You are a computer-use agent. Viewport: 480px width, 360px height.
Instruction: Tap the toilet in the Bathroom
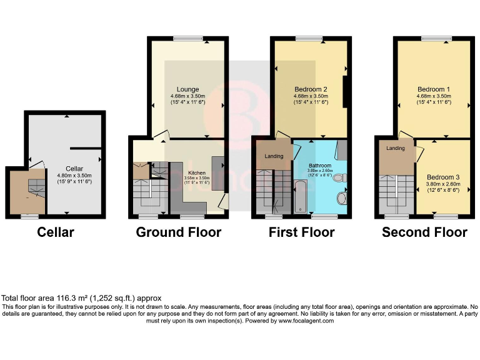point(338,178)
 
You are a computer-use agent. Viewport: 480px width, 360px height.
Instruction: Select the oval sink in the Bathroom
point(341,199)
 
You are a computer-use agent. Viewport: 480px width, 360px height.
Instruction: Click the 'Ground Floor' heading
point(179,232)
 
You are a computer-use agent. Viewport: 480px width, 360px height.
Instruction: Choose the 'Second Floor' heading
point(424,232)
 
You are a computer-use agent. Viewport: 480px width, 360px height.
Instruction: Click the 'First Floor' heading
point(301,232)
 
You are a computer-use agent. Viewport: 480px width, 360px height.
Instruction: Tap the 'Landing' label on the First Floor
point(274,156)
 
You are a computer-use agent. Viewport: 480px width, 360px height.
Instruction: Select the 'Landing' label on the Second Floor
point(396,148)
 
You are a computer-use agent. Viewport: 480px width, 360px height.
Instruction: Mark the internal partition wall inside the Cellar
point(85,149)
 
